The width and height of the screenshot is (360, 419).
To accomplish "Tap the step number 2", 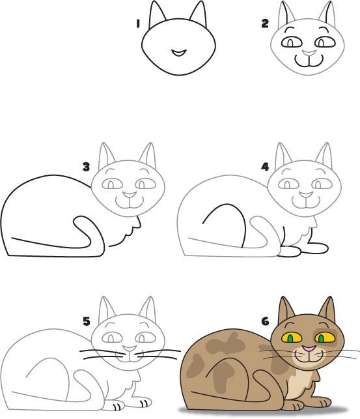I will [x=265, y=23].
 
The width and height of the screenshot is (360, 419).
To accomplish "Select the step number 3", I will [x=86, y=167].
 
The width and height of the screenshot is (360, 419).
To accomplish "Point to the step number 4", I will [x=265, y=167].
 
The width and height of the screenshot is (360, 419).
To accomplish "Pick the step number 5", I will [x=86, y=321].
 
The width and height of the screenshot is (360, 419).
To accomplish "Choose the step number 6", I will [x=265, y=321].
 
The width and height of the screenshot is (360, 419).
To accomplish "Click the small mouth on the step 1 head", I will [x=178, y=51].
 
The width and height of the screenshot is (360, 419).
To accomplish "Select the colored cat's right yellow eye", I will [x=323, y=338].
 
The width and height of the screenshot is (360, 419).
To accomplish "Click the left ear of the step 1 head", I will [x=157, y=14].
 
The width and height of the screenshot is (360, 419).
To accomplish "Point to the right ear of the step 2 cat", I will [x=325, y=17].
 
